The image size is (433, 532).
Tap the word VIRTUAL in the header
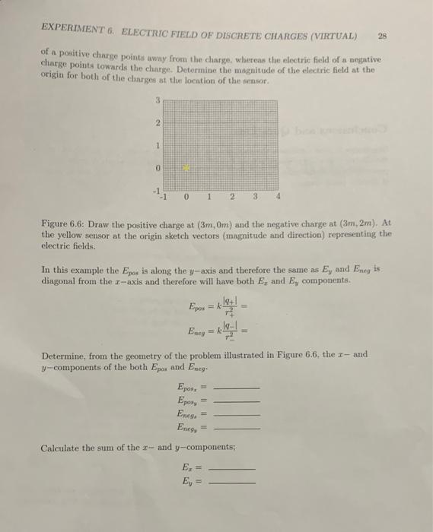pyautogui.click(x=336, y=35)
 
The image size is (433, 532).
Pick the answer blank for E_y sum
pyautogui.click(x=231, y=482)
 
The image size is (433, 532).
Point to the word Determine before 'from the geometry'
pyautogui.click(x=66, y=354)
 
